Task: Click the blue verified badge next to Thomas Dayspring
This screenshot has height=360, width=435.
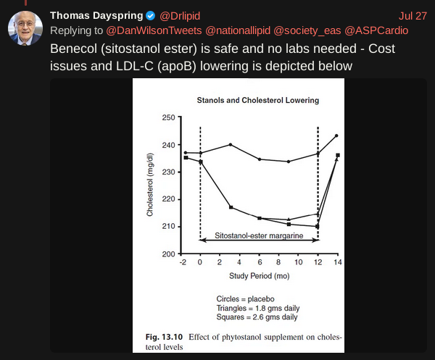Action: tap(150, 16)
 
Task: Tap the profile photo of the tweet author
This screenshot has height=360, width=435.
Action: tap(25, 28)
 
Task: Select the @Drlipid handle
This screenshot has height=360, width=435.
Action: tap(180, 16)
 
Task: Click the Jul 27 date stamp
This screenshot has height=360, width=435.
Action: tap(413, 16)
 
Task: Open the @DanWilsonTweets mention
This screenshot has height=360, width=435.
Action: tap(154, 30)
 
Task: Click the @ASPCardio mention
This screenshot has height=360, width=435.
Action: tap(376, 30)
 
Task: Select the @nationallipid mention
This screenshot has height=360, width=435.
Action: tap(238, 30)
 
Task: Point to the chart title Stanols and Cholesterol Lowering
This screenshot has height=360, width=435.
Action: tap(257, 100)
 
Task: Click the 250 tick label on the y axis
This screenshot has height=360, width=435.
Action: tap(169, 117)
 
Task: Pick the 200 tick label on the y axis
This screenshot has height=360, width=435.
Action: tap(169, 254)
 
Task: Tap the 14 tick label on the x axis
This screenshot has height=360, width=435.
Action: tap(338, 262)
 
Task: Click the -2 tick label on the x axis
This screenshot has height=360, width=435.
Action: tap(183, 262)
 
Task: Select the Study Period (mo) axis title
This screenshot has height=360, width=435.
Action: tap(259, 276)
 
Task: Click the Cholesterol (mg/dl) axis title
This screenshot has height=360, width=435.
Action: tap(150, 185)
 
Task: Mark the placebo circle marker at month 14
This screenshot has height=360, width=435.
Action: tap(336, 135)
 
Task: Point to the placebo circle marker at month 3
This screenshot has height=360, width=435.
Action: tap(231, 145)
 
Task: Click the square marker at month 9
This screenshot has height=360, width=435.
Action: tap(289, 225)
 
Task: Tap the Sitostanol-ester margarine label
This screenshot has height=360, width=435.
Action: tap(259, 235)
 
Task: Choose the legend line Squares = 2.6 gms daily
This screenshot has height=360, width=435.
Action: tap(257, 317)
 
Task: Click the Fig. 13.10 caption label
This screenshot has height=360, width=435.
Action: tap(164, 337)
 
